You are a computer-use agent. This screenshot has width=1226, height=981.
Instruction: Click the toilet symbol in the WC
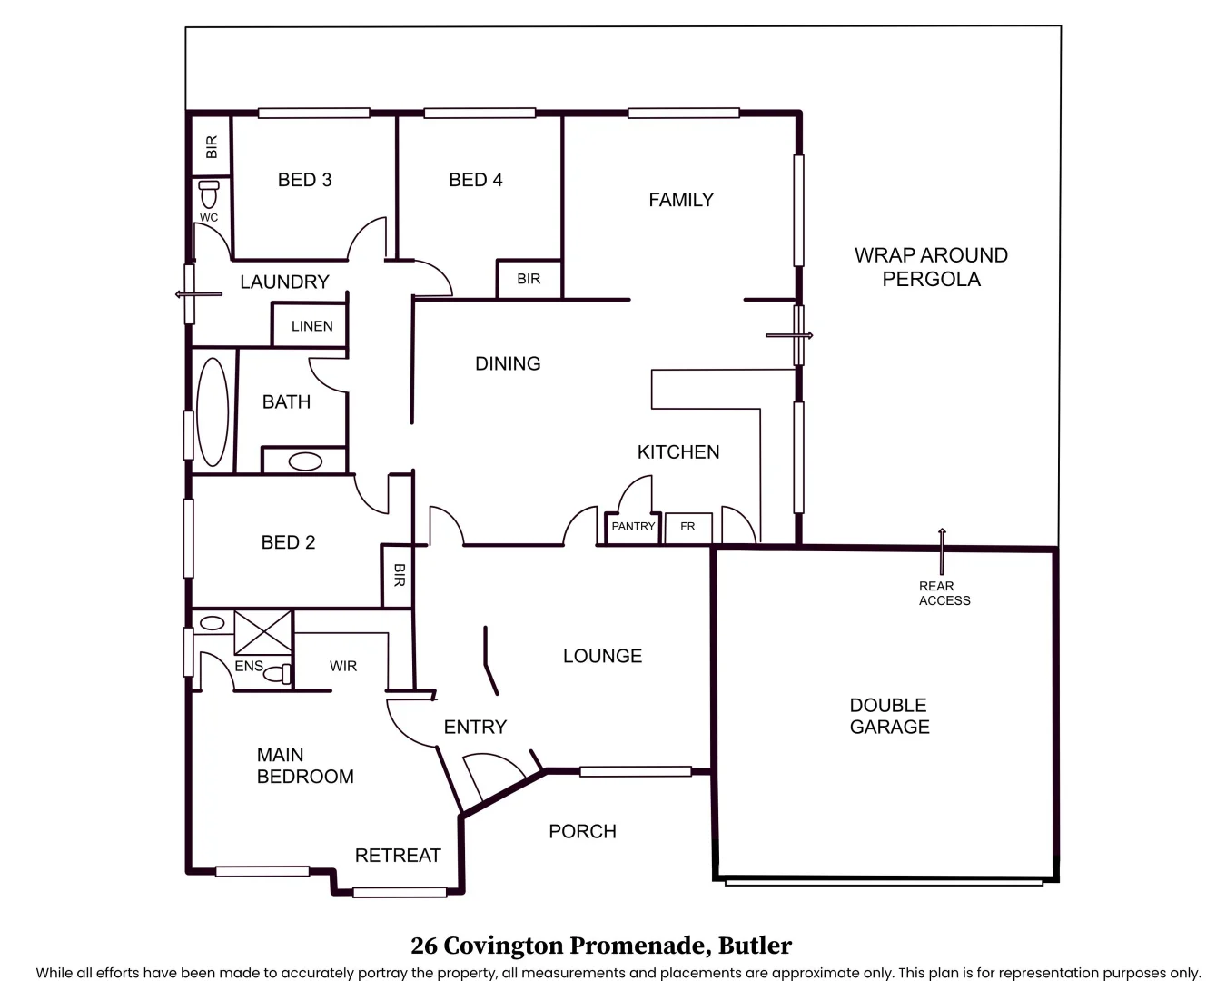(209, 193)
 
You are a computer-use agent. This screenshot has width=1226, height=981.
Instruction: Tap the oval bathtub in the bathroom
(213, 411)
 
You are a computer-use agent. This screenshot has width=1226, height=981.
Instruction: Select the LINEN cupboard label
(312, 326)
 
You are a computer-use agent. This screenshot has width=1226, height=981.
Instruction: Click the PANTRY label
(633, 526)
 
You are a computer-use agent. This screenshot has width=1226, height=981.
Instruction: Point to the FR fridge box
(688, 529)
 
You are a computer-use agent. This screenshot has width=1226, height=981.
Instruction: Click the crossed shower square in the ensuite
(263, 632)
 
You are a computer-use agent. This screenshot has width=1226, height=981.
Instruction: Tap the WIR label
(343, 666)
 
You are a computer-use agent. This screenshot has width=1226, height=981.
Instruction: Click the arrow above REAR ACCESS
(942, 550)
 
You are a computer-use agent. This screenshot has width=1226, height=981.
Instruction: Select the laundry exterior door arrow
(198, 294)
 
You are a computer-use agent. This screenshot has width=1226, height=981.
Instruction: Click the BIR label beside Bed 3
(212, 146)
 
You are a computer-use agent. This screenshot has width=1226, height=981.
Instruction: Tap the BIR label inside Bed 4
(529, 279)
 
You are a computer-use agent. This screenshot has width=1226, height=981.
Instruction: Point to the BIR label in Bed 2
(400, 575)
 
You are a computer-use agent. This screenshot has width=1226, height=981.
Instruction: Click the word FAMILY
(681, 200)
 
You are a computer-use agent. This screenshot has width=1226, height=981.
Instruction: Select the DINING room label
(508, 363)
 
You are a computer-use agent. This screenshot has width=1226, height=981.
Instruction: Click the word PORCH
(582, 831)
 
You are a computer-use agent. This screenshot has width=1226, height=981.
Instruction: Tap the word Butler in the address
(755, 945)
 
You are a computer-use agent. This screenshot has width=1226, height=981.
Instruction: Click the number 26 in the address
(424, 946)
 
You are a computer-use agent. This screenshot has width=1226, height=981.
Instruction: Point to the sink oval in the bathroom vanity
(305, 461)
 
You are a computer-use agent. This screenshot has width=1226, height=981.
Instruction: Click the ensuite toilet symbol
(278, 674)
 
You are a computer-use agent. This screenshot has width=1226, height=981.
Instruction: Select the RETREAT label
(398, 855)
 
